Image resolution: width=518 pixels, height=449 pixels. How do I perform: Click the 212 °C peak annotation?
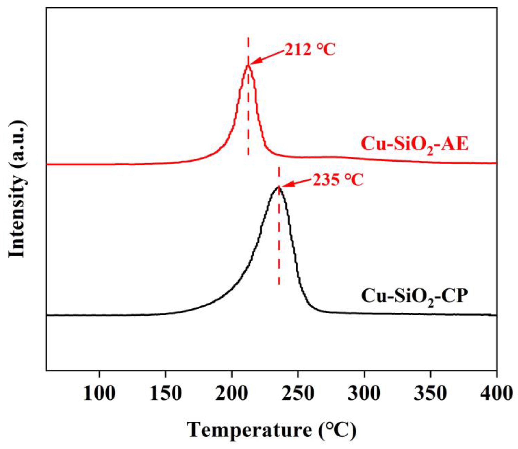point(310,50)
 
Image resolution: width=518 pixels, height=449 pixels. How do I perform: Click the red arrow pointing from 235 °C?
point(296,183)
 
